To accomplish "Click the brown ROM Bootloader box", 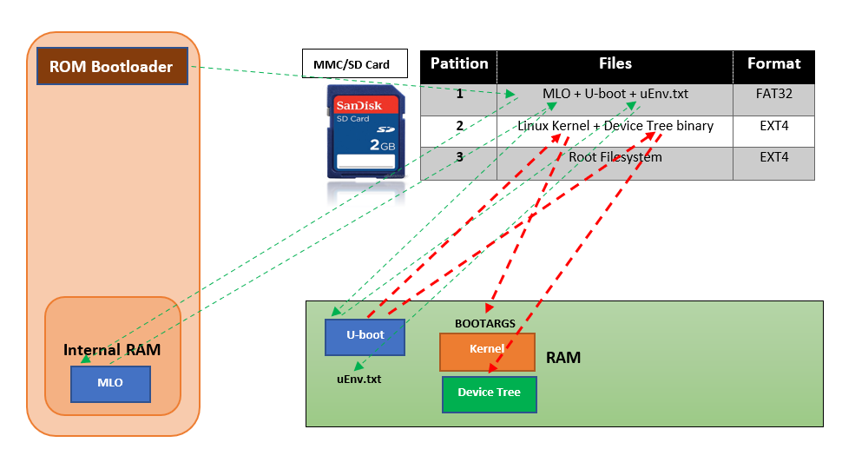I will (x=112, y=67).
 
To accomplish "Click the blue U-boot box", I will (x=365, y=337).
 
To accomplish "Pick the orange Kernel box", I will (x=487, y=349).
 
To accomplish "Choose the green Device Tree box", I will (x=489, y=393).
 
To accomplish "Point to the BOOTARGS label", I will (x=484, y=323).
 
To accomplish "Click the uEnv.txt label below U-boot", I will (x=359, y=379).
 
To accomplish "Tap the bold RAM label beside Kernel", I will (x=563, y=357).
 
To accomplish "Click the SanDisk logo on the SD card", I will (x=365, y=105).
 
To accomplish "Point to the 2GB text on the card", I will (x=382, y=144).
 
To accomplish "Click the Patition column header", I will (x=458, y=63).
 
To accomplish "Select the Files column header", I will (x=615, y=63).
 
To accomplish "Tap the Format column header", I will (x=774, y=63).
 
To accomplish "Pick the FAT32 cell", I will (x=774, y=94).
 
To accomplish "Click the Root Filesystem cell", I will (x=615, y=157).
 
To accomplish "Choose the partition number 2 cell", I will (x=459, y=126).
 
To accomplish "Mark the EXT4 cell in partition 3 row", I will (x=774, y=157).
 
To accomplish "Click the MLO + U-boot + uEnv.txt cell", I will (x=615, y=94).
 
